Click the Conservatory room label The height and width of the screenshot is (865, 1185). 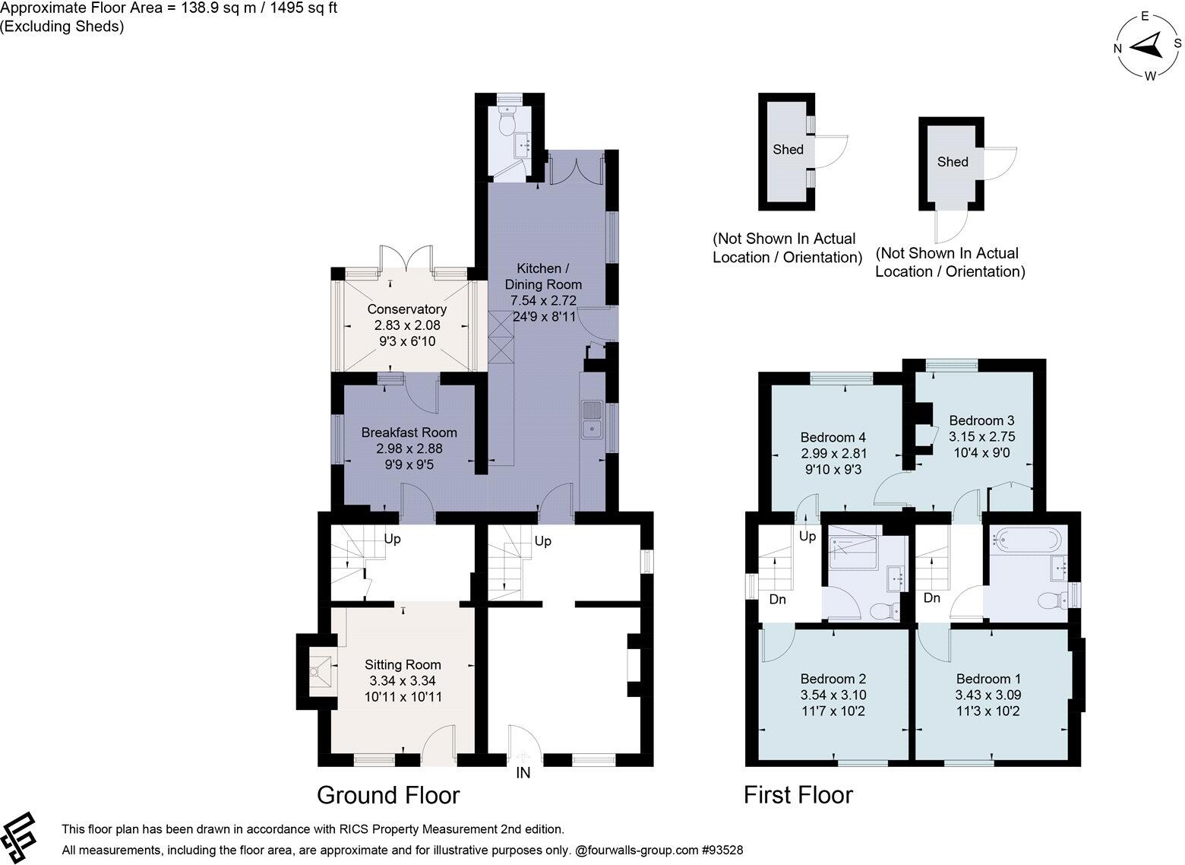coord(407,309)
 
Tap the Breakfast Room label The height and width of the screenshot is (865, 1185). coord(409,432)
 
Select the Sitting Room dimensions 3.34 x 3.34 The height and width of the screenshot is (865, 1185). coord(403,681)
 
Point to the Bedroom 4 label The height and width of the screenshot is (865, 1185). coord(833,437)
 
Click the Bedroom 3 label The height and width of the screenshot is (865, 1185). coord(982,420)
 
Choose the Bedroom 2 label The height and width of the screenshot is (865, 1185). coord(833,679)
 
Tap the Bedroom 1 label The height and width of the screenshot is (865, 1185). coord(988,679)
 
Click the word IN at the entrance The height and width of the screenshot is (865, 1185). coord(523,774)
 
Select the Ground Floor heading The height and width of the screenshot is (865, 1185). coord(388,796)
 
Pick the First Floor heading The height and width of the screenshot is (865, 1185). coord(798,795)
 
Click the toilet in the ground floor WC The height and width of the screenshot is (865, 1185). coord(508,120)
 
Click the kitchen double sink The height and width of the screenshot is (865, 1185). coord(592,420)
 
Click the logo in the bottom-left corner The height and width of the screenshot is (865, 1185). coord(18,838)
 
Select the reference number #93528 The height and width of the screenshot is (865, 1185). coord(722,850)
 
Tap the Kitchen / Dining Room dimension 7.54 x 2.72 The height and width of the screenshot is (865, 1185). coord(543,301)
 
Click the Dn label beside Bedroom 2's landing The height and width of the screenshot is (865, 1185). coord(777,599)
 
